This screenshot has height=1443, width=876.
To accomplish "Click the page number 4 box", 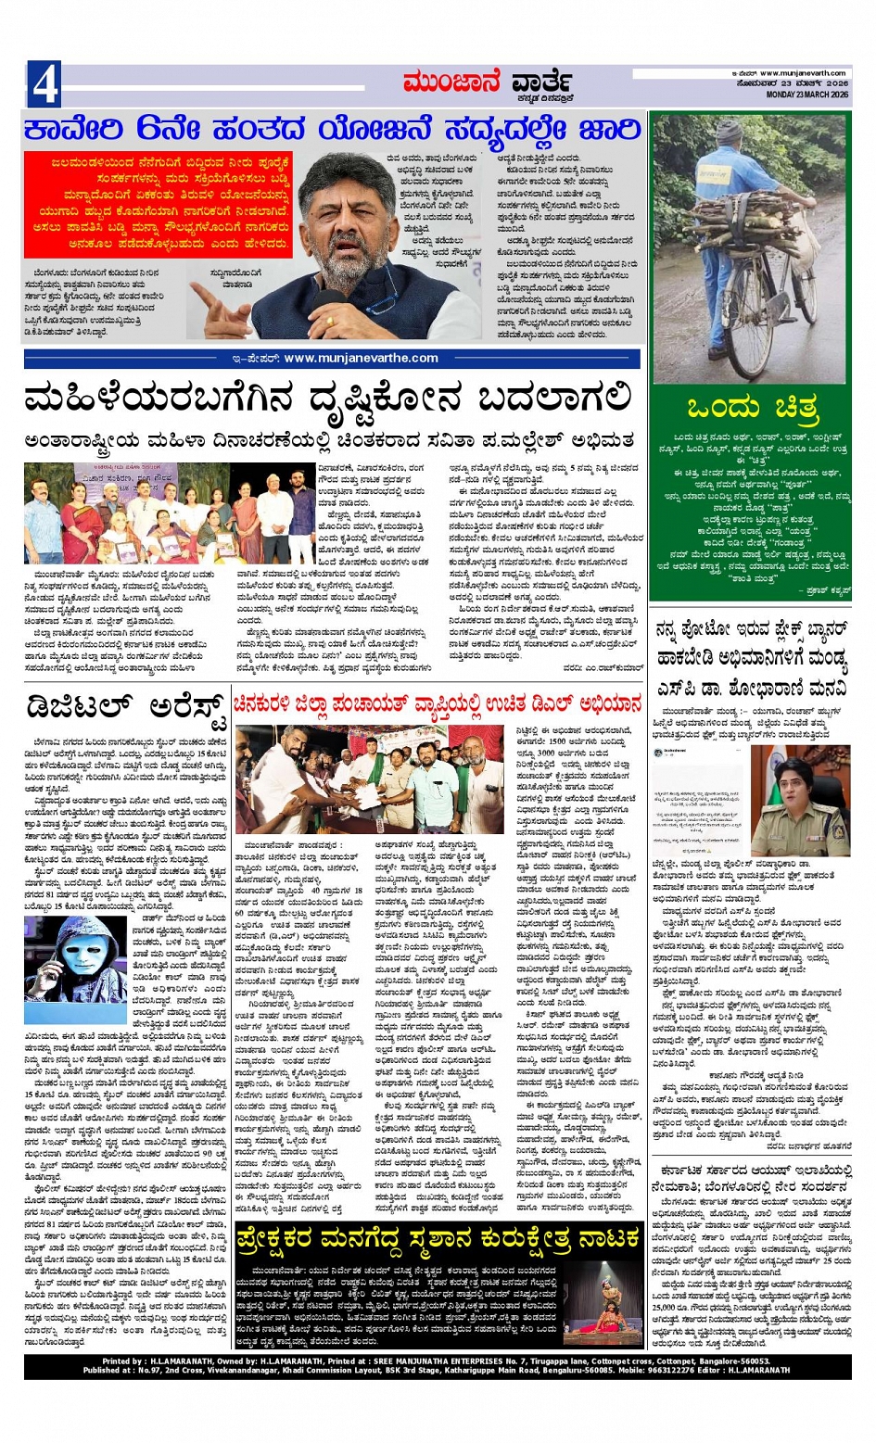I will coord(44,84).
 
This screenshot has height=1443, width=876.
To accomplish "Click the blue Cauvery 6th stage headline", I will coord(332,129).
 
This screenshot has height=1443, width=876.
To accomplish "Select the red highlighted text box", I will coord(158,205).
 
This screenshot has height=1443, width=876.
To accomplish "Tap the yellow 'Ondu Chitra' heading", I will coord(752,408).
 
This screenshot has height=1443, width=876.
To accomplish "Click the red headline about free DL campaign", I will coord(437,704).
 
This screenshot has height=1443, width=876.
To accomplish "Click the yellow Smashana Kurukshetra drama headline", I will coord(437,1237).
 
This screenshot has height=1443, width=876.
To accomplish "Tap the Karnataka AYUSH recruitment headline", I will coord(749,1178).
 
